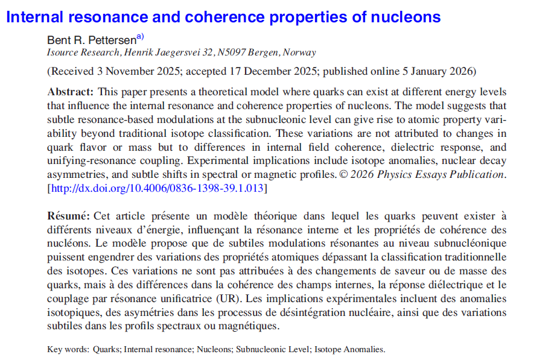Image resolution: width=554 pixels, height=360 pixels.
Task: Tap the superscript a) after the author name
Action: (x=139, y=37)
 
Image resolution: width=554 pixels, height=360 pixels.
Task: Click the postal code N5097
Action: (x=229, y=52)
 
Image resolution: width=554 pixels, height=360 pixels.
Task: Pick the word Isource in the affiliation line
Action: (x=63, y=52)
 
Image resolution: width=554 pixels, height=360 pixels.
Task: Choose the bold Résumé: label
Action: (x=69, y=215)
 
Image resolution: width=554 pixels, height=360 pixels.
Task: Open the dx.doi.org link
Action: (x=157, y=189)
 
